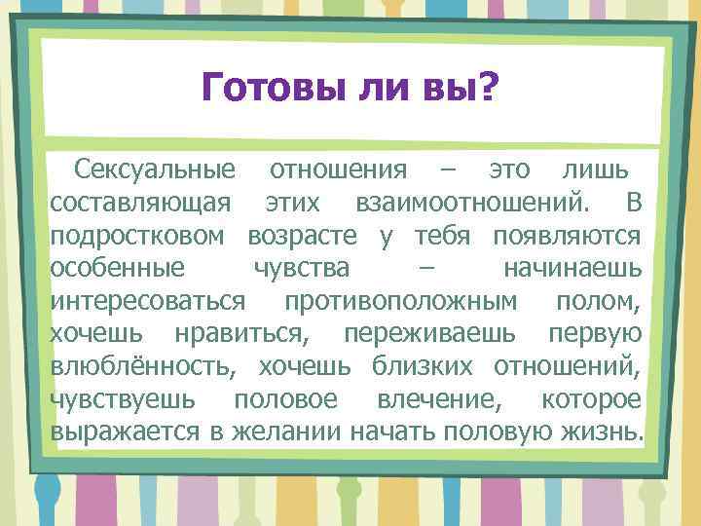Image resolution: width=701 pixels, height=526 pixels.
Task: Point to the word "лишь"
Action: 596,170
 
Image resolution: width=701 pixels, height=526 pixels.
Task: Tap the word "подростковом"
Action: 137,236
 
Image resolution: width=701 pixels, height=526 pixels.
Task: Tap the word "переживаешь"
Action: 430,333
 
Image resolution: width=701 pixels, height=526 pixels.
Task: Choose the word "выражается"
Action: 127,432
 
